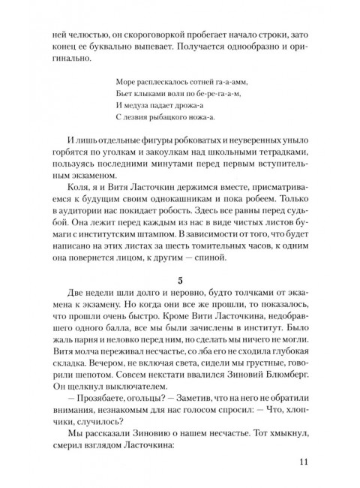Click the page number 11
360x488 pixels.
tap(303, 462)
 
